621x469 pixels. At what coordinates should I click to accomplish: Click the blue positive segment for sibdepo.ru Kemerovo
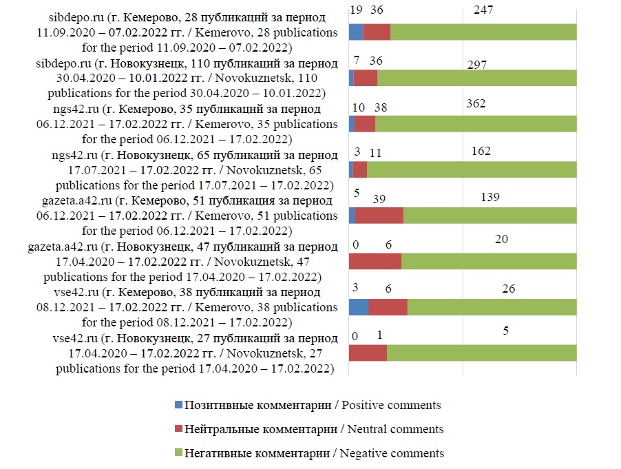click(x=356, y=32)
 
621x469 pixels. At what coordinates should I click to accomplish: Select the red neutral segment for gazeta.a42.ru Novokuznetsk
click(x=375, y=262)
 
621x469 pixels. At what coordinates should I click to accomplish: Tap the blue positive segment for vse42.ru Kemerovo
click(x=359, y=306)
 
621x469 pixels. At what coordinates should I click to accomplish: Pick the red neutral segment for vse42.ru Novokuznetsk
click(x=368, y=353)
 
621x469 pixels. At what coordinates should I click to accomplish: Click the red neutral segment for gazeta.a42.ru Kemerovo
click(x=379, y=216)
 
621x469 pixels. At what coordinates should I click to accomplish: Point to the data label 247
click(x=485, y=10)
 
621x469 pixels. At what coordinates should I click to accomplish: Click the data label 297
click(x=476, y=65)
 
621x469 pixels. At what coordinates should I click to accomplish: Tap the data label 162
click(x=481, y=151)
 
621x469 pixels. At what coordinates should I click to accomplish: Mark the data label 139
click(x=490, y=198)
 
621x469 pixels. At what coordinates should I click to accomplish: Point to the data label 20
click(x=501, y=238)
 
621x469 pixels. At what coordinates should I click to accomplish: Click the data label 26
click(x=508, y=289)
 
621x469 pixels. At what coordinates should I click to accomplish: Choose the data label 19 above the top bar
click(x=356, y=10)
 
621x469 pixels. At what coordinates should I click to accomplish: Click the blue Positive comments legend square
click(x=180, y=406)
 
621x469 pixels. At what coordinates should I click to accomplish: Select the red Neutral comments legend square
click(x=180, y=430)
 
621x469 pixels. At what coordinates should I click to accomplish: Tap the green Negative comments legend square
click(x=180, y=453)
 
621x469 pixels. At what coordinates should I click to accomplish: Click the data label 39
click(x=379, y=198)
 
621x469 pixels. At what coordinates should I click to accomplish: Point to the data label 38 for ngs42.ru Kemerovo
click(x=380, y=107)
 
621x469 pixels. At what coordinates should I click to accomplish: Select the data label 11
click(x=375, y=154)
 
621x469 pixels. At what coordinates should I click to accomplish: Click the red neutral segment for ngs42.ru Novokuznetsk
click(x=359, y=169)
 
